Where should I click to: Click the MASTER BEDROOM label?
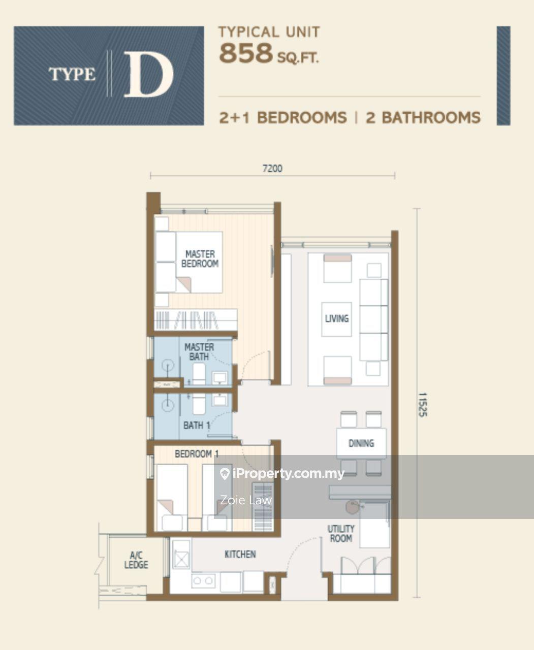pyautogui.click(x=200, y=259)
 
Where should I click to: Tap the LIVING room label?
pyautogui.click(x=337, y=318)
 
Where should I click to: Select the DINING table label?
pyautogui.click(x=361, y=443)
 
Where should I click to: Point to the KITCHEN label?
pyautogui.click(x=240, y=555)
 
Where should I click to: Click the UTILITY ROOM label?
pyautogui.click(x=341, y=534)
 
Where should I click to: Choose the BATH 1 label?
pyautogui.click(x=197, y=426)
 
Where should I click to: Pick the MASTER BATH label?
pyautogui.click(x=199, y=352)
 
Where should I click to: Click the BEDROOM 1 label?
pyautogui.click(x=197, y=454)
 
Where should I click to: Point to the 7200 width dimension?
pyautogui.click(x=272, y=169)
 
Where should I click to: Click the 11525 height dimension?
pyautogui.click(x=423, y=405)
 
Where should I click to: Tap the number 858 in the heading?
pyautogui.click(x=246, y=53)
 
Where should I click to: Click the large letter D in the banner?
pyautogui.click(x=148, y=74)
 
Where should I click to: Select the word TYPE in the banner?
pyautogui.click(x=72, y=74)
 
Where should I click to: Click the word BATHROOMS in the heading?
pyautogui.click(x=431, y=118)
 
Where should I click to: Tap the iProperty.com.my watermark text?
pyautogui.click(x=289, y=473)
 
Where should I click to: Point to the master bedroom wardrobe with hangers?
pyautogui.click(x=196, y=319)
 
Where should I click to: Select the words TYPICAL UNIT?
pyautogui.click(x=269, y=32)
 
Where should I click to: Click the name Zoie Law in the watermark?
pyautogui.click(x=246, y=500)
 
